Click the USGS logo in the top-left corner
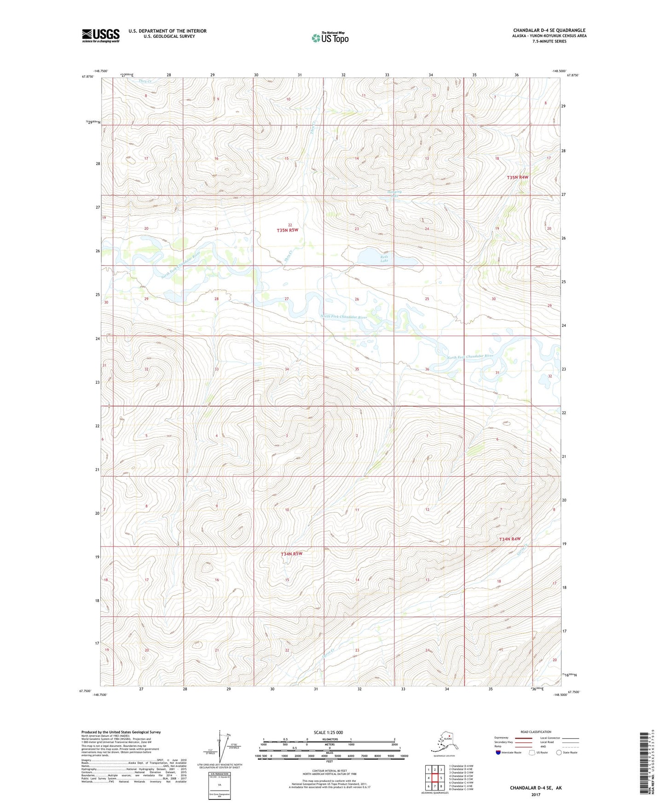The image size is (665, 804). (x=100, y=35)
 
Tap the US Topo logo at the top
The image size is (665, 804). (x=330, y=37)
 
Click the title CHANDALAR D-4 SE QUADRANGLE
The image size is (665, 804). (x=549, y=30)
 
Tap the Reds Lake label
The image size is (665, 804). (x=384, y=259)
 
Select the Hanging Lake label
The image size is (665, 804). (x=394, y=193)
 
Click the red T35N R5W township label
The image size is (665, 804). (x=288, y=230)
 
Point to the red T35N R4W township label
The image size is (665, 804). (x=518, y=177)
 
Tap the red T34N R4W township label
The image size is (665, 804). (x=510, y=539)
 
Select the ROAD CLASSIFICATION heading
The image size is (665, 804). (x=536, y=732)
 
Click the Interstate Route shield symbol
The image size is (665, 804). (x=498, y=752)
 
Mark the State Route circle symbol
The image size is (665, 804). (x=559, y=752)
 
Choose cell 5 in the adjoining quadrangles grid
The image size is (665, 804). (x=441, y=778)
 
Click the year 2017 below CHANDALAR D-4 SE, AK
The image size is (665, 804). (x=535, y=794)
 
